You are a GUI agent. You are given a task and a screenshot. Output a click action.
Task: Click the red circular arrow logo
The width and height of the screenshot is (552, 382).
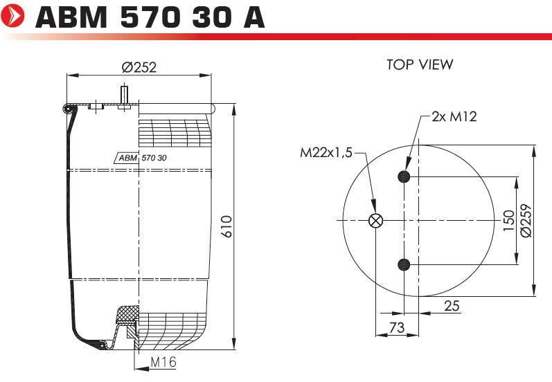click(12, 16)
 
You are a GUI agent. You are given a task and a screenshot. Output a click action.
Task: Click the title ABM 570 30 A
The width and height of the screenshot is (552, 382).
click(150, 17)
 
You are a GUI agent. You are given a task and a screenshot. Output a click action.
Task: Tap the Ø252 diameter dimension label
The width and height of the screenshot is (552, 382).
click(139, 67)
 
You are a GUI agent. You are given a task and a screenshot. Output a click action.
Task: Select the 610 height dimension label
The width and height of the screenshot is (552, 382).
click(227, 226)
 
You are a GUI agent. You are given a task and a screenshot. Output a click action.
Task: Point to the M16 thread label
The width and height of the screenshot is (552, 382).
click(163, 361)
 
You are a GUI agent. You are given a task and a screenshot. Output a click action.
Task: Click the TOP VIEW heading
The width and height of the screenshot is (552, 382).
click(420, 64)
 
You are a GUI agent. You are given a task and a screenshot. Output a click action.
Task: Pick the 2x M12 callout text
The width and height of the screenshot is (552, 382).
click(454, 116)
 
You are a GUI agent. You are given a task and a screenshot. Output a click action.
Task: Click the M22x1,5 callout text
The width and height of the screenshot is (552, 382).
click(326, 153)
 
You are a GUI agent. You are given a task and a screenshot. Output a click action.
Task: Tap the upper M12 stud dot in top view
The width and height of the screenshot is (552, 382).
click(404, 176)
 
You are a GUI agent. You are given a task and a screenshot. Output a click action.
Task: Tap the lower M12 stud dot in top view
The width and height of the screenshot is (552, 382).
click(404, 264)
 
